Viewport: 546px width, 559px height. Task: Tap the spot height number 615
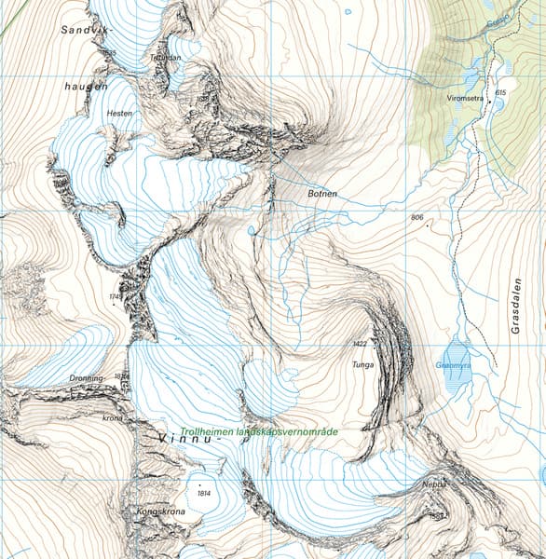(x=500, y=93)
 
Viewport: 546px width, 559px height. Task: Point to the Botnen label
(x=321, y=194)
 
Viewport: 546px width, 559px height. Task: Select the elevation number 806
(x=416, y=217)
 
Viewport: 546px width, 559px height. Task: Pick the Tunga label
(x=362, y=364)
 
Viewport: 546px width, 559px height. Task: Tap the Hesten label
(x=120, y=113)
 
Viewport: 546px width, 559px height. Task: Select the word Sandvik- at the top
(x=80, y=30)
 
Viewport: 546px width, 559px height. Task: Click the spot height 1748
(x=116, y=297)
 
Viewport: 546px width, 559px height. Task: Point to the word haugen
(x=87, y=85)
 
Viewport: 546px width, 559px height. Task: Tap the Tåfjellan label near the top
(x=164, y=58)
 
